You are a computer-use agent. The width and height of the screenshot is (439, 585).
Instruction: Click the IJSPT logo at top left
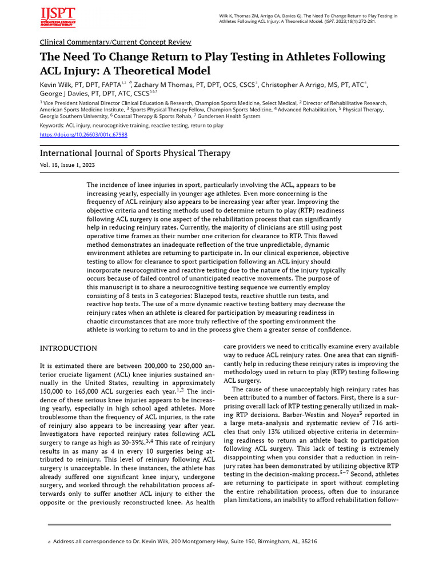(57, 18)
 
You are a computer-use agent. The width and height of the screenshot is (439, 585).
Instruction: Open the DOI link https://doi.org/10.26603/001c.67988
(83, 135)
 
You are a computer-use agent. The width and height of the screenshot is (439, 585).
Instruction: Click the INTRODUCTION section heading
(68, 348)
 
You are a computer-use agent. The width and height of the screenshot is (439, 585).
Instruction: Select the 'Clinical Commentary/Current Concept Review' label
(115, 42)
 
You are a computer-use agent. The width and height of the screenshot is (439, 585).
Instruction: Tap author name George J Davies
(63, 94)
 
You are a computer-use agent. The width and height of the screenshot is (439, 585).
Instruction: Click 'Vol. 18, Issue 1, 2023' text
(67, 165)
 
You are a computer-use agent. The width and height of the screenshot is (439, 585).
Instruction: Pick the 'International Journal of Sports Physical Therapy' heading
(135, 153)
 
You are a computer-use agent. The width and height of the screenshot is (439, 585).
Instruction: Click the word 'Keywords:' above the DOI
(52, 125)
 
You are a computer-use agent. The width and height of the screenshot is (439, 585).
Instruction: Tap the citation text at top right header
(309, 19)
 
